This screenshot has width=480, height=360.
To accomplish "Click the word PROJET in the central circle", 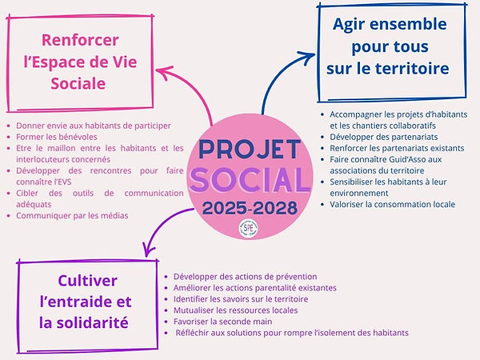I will click(x=248, y=150).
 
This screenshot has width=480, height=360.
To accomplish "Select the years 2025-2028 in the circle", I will click(x=248, y=209).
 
